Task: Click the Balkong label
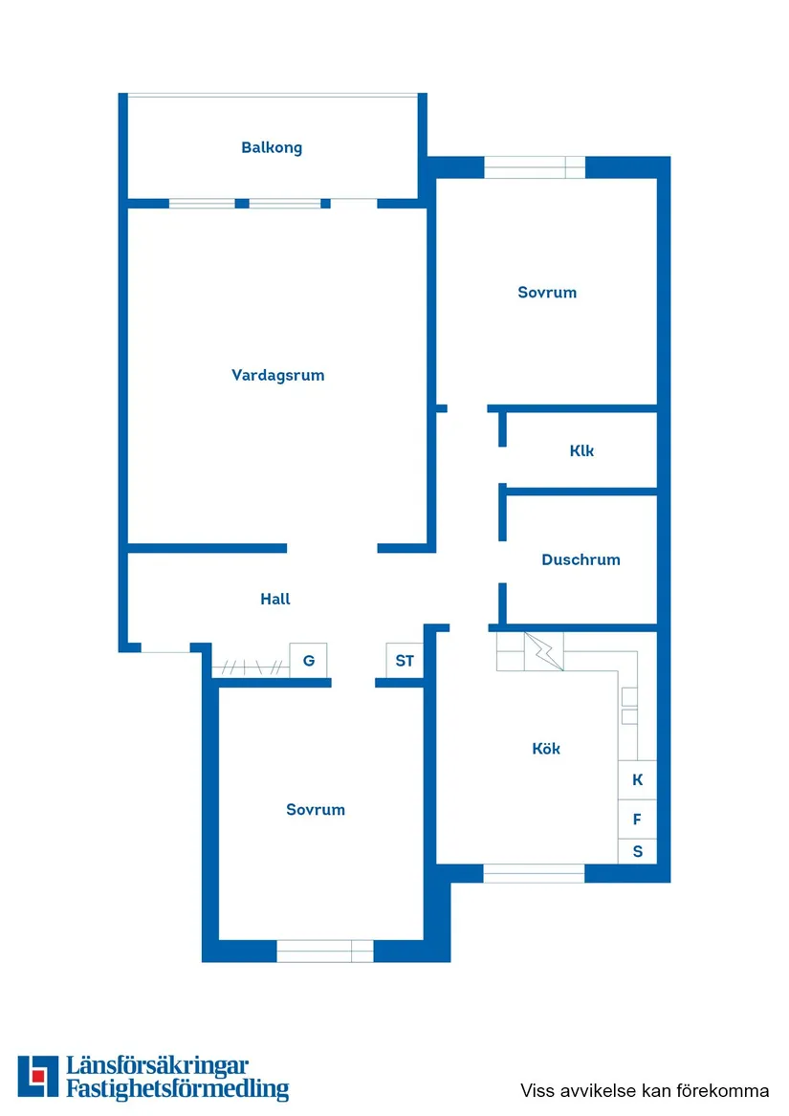pos(272,147)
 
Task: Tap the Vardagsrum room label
pos(277,375)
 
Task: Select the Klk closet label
pos(581,450)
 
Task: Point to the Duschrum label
pos(581,559)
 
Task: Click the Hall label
pos(275,599)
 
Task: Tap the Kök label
pos(546,749)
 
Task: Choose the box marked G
pos(308,661)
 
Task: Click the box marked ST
pos(405,661)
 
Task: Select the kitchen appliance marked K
pos(638,779)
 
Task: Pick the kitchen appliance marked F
pos(638,820)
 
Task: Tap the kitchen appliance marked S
pos(638,851)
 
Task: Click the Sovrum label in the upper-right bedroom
pos(547,292)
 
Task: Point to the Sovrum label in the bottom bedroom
pos(316,809)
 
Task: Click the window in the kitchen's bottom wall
pos(534,873)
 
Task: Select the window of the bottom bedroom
pos(325,951)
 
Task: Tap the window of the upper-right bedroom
pos(534,167)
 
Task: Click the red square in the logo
pos(39,1076)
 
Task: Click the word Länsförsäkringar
pos(158,1066)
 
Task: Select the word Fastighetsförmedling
pos(177,1089)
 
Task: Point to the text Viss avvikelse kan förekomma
pos(645,1090)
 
